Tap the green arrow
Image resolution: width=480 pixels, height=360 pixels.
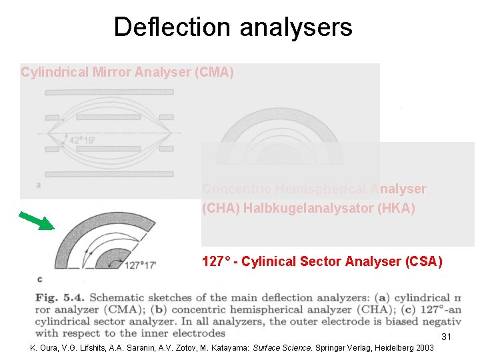point(37,221)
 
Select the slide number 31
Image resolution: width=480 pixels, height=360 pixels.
point(447,337)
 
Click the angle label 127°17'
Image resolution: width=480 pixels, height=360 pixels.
point(140,265)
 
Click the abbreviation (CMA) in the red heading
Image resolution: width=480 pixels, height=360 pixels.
point(214,72)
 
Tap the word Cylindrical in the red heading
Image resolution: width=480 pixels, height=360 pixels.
point(54,72)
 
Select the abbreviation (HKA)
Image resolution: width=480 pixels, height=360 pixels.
point(396,209)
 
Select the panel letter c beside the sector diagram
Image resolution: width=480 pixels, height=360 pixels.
point(40,279)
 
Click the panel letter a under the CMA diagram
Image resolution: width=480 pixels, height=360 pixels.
point(38,185)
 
